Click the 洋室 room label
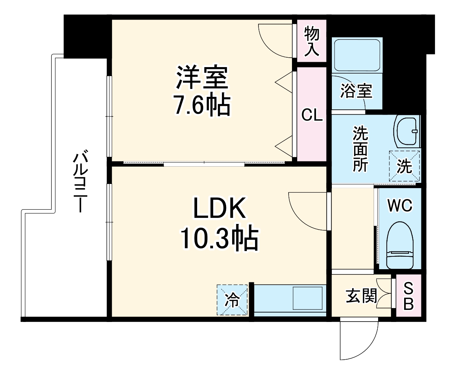point(202,77)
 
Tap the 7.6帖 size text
point(202,106)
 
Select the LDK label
point(219,208)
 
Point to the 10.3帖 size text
point(219,238)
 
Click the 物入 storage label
point(312,41)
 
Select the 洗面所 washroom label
point(360,149)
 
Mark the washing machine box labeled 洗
point(404,166)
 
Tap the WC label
point(400,205)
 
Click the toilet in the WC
point(400,245)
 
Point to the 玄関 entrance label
point(361,296)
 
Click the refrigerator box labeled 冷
point(232,300)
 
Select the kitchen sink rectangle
point(307,298)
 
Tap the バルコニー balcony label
point(80,181)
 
